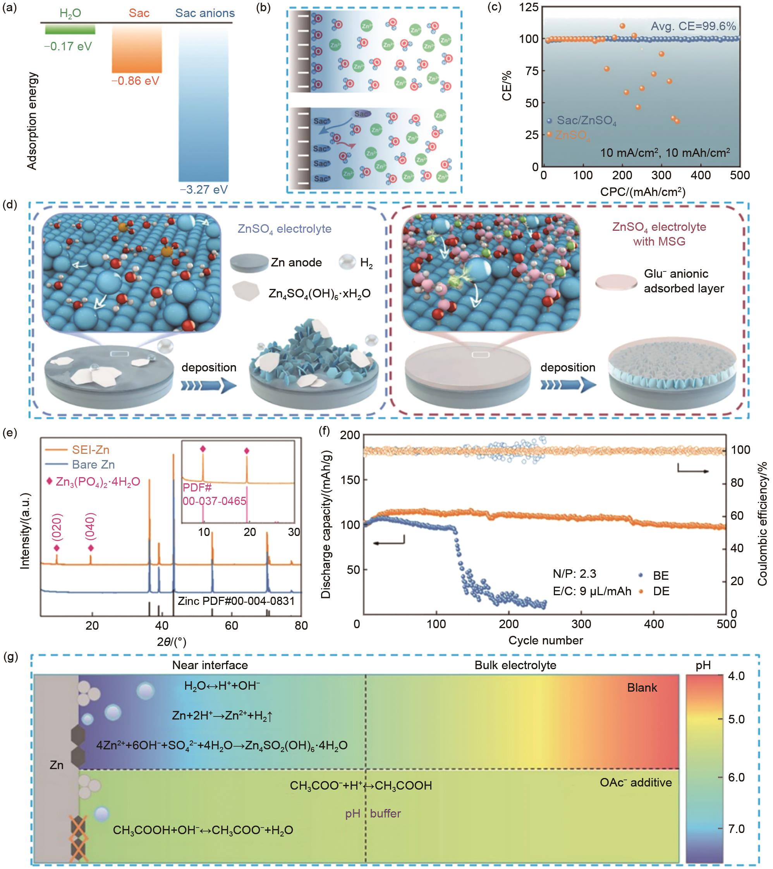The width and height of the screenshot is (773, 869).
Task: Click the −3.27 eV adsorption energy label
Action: (x=204, y=189)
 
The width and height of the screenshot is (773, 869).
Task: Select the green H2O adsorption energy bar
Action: (x=70, y=29)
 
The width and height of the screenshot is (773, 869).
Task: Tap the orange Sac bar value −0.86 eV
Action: (x=135, y=81)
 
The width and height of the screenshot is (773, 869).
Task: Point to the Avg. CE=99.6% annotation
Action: (x=693, y=26)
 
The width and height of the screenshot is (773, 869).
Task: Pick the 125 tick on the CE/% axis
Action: (x=529, y=7)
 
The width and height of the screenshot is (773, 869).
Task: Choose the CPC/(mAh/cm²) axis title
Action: (x=642, y=192)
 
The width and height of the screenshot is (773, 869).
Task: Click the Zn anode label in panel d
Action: (x=296, y=262)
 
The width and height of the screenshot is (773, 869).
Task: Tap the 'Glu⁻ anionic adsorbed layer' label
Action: (x=683, y=281)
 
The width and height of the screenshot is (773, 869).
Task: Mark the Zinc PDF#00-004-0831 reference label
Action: (x=236, y=601)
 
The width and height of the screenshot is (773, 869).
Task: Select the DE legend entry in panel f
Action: (x=661, y=591)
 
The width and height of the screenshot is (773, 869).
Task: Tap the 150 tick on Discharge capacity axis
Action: (x=350, y=479)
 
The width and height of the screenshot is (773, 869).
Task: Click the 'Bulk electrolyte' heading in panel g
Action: (x=515, y=665)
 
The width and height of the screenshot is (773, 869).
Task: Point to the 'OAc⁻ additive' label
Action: (x=636, y=783)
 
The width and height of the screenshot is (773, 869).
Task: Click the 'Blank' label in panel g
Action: (x=642, y=688)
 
